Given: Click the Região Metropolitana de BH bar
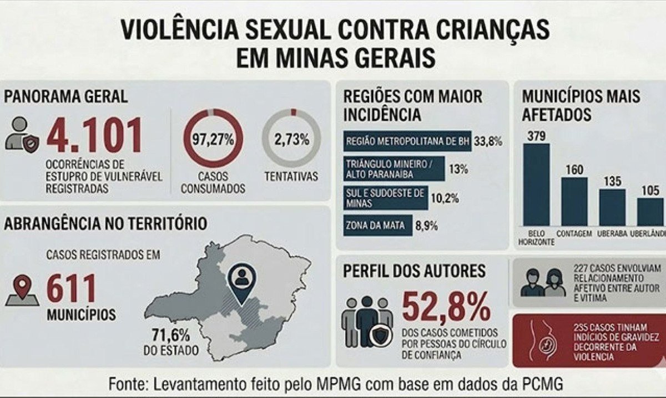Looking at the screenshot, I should [x=407, y=141].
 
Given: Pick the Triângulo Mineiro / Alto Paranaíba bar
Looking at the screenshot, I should [x=394, y=169].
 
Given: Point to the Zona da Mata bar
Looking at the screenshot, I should [x=377, y=226].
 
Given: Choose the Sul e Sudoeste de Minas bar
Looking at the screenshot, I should [x=385, y=198].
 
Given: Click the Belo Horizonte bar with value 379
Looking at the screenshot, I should [x=536, y=184].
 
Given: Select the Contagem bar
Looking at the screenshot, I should [x=574, y=201].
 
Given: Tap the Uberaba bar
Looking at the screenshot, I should [x=612, y=207].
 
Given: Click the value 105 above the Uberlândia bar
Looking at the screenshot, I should [x=651, y=191].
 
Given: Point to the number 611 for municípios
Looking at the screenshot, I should [x=71, y=289].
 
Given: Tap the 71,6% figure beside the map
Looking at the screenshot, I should [x=170, y=335].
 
